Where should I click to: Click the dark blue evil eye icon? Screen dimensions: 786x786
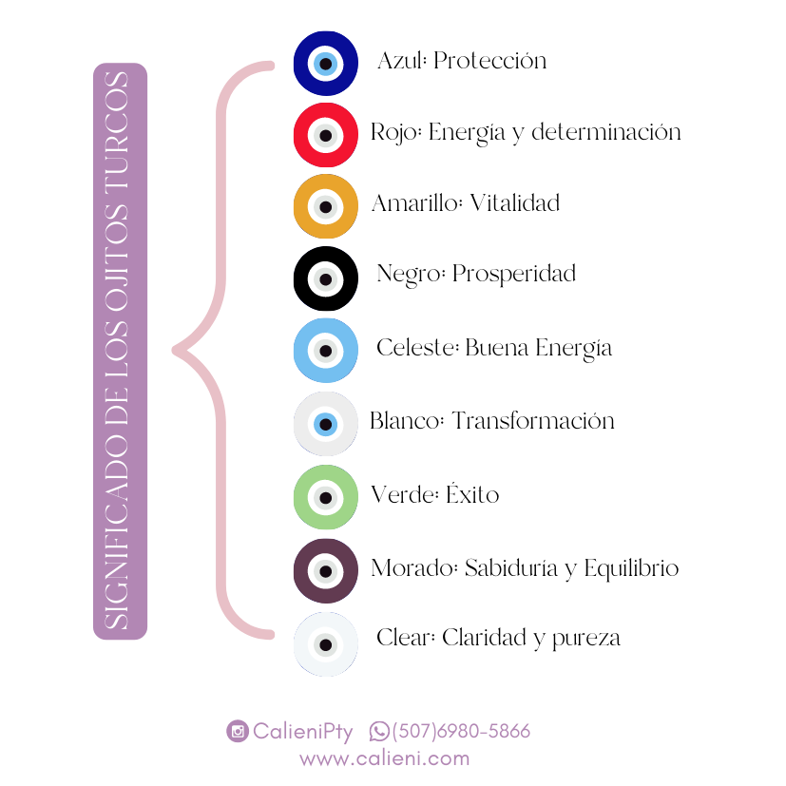[326, 63]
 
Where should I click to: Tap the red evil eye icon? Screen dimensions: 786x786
[326, 135]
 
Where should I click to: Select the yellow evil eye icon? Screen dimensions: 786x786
[326, 206]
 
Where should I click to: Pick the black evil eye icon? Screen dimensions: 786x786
[326, 278]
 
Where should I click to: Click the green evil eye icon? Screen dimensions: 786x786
[326, 496]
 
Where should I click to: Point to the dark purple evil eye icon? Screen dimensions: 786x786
[326, 570]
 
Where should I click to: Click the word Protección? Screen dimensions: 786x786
[489, 61]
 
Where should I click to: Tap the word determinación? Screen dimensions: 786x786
[605, 132]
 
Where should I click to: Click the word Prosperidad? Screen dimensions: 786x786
[513, 275]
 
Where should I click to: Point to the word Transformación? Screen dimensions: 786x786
[532, 420]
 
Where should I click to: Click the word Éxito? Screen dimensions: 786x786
[472, 494]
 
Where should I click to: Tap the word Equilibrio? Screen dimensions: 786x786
[631, 568]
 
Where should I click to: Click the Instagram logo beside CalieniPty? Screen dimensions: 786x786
[238, 731]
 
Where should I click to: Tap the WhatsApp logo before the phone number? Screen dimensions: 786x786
[379, 731]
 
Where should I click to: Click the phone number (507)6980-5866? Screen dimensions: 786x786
[461, 731]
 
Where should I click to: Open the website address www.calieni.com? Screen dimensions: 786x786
[384, 758]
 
